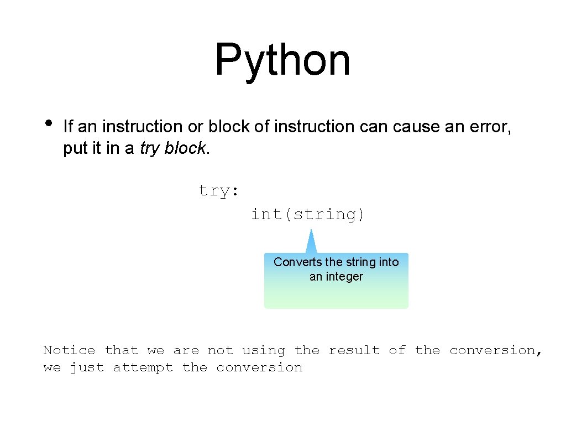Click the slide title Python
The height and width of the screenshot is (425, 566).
pos(282,60)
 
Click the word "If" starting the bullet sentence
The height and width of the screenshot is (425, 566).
pos(68,127)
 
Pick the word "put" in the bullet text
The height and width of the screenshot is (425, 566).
pos(75,149)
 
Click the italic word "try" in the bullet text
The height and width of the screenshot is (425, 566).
pos(150,149)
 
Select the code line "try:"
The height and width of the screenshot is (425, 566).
pos(219,191)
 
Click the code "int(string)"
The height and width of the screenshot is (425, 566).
pos(308,214)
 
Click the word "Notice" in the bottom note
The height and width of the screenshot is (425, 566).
pos(69,350)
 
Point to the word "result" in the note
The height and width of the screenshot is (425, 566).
pos(354,350)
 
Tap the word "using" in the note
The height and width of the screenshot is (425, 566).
pos(264,350)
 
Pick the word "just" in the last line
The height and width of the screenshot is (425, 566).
pos(87,367)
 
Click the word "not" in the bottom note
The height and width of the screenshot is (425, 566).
pos(220,350)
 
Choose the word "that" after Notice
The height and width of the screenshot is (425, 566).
pos(121,350)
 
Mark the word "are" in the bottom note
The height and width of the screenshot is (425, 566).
pos(186,350)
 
